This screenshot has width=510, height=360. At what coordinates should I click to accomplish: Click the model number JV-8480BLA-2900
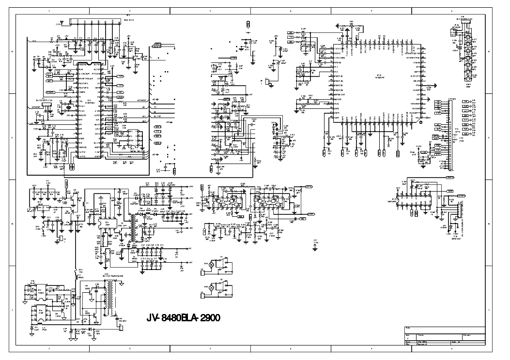[184, 318]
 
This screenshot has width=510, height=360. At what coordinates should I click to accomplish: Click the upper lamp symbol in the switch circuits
[211, 264]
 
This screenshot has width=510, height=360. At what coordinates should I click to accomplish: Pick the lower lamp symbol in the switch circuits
[211, 286]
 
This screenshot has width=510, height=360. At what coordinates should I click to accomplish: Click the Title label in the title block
[407, 329]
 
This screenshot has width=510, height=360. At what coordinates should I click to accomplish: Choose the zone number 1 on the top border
[48, 10]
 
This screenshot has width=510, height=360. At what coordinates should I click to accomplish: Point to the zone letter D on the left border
[12, 52]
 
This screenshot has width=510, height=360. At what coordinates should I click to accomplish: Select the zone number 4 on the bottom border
[291, 349]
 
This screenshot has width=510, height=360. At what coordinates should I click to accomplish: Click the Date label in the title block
[407, 341]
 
